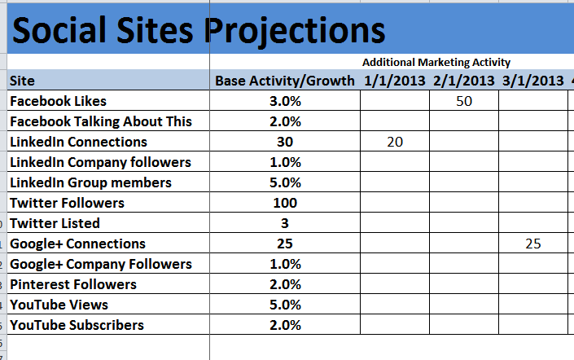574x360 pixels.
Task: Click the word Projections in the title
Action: click(x=294, y=31)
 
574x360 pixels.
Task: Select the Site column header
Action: click(x=22, y=81)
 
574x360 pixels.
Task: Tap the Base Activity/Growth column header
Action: click(x=285, y=81)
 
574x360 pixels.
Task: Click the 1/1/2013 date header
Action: click(x=395, y=81)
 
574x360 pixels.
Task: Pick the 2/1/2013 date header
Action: click(x=464, y=81)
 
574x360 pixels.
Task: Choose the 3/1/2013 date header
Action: click(x=533, y=81)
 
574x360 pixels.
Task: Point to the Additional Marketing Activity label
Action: click(x=436, y=62)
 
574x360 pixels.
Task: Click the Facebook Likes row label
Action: click(x=58, y=101)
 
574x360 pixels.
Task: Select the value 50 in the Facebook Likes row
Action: click(x=464, y=101)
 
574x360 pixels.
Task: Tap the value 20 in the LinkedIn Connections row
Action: click(x=395, y=142)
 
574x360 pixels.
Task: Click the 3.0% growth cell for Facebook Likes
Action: click(x=285, y=101)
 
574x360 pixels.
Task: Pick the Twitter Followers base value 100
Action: click(x=285, y=203)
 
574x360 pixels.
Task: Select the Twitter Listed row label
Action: click(x=55, y=223)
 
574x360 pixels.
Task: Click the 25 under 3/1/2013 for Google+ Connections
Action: click(x=533, y=244)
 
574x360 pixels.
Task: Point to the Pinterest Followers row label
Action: click(x=73, y=284)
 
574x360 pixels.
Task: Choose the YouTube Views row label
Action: click(x=59, y=305)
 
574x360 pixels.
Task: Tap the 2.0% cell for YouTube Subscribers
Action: click(x=285, y=325)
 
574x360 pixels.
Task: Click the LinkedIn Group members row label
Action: click(x=91, y=182)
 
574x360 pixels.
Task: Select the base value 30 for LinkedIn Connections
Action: click(x=285, y=142)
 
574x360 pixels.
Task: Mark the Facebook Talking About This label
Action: click(x=101, y=121)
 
